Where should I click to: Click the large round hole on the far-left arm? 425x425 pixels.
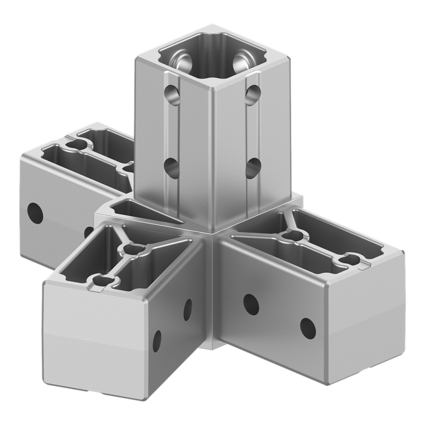point(35,213)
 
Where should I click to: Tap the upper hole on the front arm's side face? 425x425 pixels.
point(188,310)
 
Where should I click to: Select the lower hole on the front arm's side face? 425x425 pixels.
point(157,341)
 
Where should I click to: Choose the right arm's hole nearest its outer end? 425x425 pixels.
point(308,327)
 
